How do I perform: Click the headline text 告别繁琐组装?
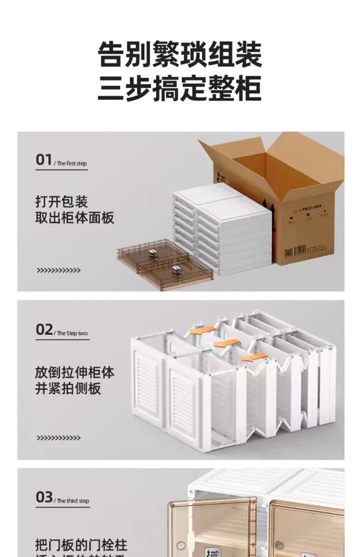pyautogui.click(x=180, y=55)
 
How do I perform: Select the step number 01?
pyautogui.click(x=44, y=160)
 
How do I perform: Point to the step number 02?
pyautogui.click(x=45, y=330)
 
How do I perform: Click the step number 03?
pyautogui.click(x=45, y=497)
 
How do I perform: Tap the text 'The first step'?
pyautogui.click(x=71, y=163)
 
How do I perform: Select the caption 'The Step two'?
pyautogui.click(x=72, y=333)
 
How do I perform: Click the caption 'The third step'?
pyautogui.click(x=73, y=501)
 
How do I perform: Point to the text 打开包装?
pyautogui.click(x=62, y=202)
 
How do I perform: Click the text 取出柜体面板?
pyautogui.click(x=75, y=218)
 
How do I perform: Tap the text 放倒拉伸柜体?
pyautogui.click(x=75, y=372)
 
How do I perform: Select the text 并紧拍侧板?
pyautogui.click(x=68, y=389)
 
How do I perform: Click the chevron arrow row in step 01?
pyautogui.click(x=58, y=270)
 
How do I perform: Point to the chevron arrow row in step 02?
pyautogui.click(x=58, y=438)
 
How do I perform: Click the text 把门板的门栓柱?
pyautogui.click(x=81, y=544)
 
